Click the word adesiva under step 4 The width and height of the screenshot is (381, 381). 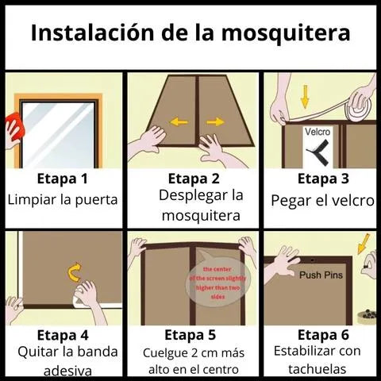pos(63,371)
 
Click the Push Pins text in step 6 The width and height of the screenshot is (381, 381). pos(321,275)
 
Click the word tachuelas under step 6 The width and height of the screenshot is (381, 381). pos(317,369)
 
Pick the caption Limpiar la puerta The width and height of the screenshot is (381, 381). pos(63,199)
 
